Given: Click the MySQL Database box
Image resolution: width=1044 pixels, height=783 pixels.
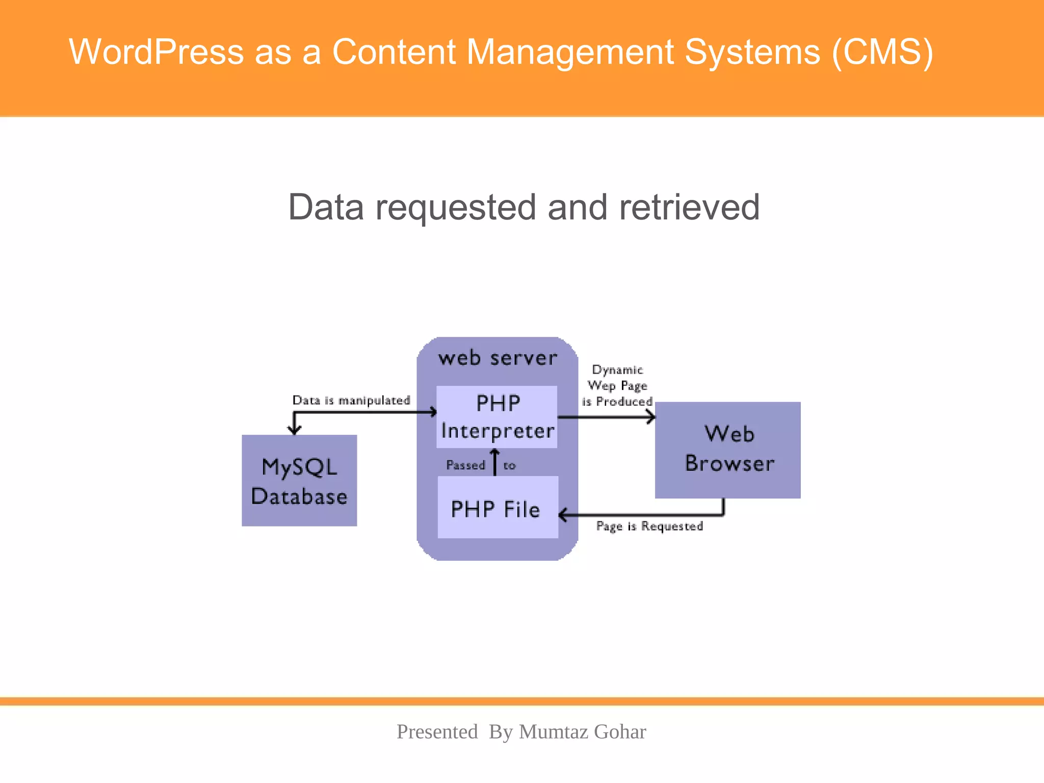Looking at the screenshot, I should click(x=299, y=481).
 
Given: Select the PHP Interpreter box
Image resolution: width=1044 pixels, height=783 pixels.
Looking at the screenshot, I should click(x=497, y=417).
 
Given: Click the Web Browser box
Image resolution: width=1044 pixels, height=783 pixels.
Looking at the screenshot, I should click(x=728, y=450).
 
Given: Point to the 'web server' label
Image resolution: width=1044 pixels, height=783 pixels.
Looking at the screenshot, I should click(x=498, y=358).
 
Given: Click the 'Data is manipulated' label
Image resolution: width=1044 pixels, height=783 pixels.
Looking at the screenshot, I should click(x=351, y=400).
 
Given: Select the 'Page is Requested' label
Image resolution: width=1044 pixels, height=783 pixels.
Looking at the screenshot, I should click(x=649, y=526).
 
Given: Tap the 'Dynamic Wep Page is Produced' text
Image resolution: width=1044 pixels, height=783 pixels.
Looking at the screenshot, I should click(x=617, y=386).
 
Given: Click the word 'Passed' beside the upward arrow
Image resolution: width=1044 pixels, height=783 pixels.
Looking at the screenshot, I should click(x=465, y=465).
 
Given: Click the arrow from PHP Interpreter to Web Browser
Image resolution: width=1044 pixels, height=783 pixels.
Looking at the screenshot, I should click(x=607, y=417).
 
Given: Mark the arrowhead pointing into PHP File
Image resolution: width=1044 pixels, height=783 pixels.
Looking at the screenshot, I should click(x=563, y=515).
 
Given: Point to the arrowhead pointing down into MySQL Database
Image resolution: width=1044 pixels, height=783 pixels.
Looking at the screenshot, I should click(x=295, y=429).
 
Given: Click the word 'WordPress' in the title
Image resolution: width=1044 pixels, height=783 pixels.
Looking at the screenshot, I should click(x=156, y=52).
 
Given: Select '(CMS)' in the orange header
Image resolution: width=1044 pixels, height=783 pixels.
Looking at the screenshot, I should click(x=882, y=52).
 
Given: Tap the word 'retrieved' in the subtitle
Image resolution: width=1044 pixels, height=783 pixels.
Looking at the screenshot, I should click(x=689, y=207).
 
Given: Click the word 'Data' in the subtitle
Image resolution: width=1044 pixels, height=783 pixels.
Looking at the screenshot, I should click(x=326, y=207).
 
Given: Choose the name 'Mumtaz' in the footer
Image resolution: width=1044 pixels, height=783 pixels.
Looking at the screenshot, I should click(x=554, y=732).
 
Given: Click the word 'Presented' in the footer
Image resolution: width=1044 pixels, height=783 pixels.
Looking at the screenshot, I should click(x=437, y=732).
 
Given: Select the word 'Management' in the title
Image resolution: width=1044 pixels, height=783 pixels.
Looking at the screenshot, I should click(x=570, y=52).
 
